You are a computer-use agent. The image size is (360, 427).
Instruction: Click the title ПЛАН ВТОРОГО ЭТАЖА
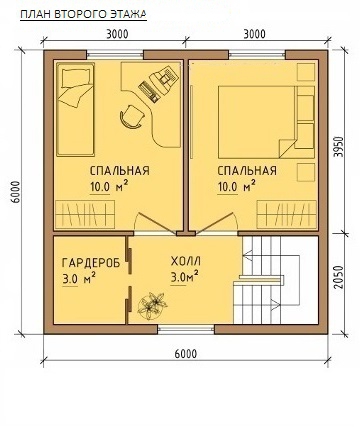[83, 15]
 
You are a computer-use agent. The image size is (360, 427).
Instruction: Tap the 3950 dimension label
[339, 147]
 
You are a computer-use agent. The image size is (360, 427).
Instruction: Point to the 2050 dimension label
[339, 277]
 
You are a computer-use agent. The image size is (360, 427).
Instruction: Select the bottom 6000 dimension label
[186, 354]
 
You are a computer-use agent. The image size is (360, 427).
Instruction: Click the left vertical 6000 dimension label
[15, 192]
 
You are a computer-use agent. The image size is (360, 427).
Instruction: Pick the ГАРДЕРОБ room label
[91, 263]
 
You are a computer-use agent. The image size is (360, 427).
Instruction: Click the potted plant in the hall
[152, 305]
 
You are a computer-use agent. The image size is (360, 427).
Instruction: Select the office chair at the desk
[132, 116]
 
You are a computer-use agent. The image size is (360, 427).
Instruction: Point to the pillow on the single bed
[75, 77]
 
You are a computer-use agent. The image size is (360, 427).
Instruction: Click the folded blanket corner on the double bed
[287, 148]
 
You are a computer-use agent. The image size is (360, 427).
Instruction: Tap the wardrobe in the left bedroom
[85, 214]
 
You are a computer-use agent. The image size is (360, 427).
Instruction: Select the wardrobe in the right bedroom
[287, 214]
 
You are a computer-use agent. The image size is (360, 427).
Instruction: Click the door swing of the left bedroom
[154, 222]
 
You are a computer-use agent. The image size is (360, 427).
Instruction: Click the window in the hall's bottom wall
[186, 329]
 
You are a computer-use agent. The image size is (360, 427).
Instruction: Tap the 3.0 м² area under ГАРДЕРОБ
[80, 278]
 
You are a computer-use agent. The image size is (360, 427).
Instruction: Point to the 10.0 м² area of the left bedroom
[109, 186]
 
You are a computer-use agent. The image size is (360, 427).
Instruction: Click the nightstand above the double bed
[306, 72]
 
